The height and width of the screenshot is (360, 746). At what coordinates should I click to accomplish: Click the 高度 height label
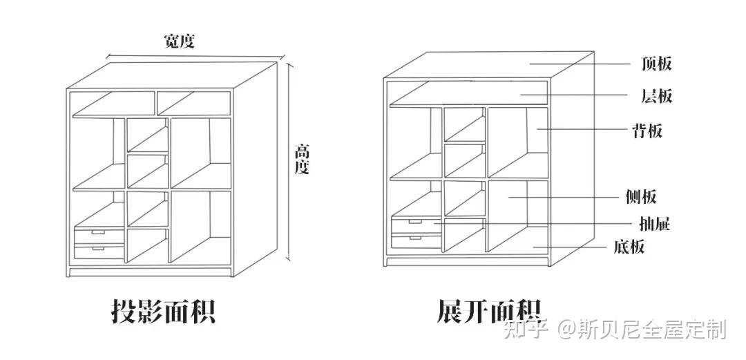[x=302, y=158]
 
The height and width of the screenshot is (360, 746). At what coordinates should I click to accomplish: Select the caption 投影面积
[x=164, y=311]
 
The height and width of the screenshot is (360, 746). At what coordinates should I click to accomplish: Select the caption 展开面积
[x=488, y=311]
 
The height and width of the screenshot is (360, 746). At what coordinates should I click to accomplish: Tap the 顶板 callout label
[x=656, y=64]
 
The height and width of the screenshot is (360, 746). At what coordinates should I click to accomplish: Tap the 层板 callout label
[x=656, y=96]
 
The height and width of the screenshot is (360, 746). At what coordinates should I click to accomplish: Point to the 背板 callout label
[x=647, y=130]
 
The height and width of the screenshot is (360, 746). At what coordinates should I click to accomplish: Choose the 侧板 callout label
[x=640, y=198]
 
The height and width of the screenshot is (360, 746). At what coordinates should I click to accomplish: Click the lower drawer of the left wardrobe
[x=98, y=251]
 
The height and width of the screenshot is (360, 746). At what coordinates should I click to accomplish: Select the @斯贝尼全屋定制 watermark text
[x=642, y=330]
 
